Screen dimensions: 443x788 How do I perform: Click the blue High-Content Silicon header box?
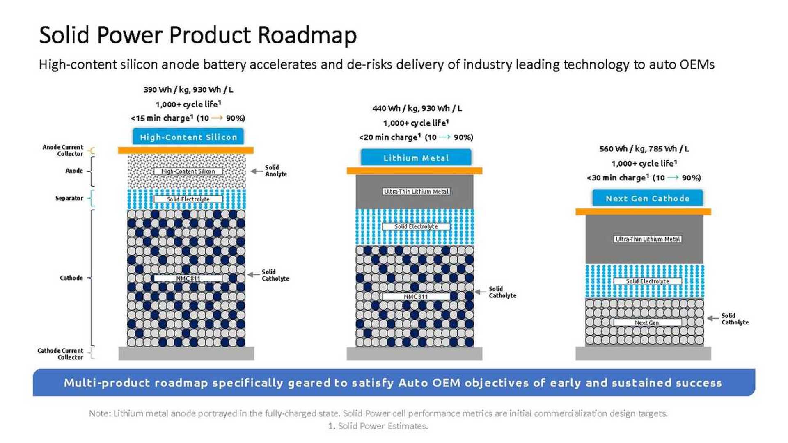coord(188,137)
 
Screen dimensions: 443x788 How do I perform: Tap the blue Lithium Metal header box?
coord(416,158)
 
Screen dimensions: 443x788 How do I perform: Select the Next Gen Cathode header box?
coord(647,198)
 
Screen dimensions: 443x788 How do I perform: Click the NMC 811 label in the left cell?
coord(188,279)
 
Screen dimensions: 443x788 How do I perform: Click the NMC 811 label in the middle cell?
coord(416,296)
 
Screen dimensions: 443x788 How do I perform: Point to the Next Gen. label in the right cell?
coord(647,323)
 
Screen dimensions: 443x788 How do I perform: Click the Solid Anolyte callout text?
coord(275,171)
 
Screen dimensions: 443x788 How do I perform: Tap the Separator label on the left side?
coord(69,198)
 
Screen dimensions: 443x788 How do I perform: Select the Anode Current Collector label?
coord(63,150)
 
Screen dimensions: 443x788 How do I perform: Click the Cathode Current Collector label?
coord(60,354)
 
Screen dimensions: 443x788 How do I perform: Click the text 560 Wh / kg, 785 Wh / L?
coord(644,148)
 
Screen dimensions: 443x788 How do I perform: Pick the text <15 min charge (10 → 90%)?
coord(188,118)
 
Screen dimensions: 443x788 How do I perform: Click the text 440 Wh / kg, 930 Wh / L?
coord(417,108)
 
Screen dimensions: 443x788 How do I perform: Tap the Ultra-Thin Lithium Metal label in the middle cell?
coord(416,192)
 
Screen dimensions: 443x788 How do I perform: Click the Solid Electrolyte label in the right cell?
coord(647,281)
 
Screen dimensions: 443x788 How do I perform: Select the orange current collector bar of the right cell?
coord(643,212)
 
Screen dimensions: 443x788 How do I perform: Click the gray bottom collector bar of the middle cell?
coord(414,354)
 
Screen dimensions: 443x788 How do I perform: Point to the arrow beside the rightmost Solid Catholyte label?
coord(713,318)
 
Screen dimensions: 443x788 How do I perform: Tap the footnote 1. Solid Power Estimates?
coord(378,426)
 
